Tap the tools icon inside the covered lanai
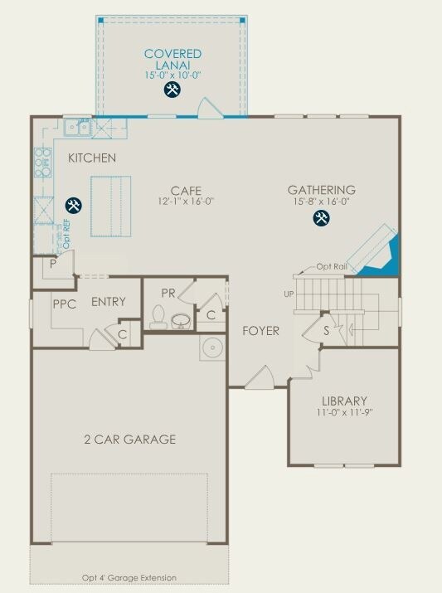point(172,90)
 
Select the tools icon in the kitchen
point(73,205)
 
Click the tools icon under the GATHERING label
point(321,218)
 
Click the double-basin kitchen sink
point(79,127)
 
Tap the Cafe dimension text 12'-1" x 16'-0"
point(186,202)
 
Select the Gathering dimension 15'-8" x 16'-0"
point(321,202)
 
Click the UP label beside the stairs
point(289,294)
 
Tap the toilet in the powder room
point(158,317)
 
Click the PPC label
point(64,304)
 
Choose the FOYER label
point(260,331)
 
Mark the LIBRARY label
point(344,401)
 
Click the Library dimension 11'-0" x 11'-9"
point(344,412)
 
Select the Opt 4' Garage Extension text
point(129,577)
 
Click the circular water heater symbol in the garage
point(212,347)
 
